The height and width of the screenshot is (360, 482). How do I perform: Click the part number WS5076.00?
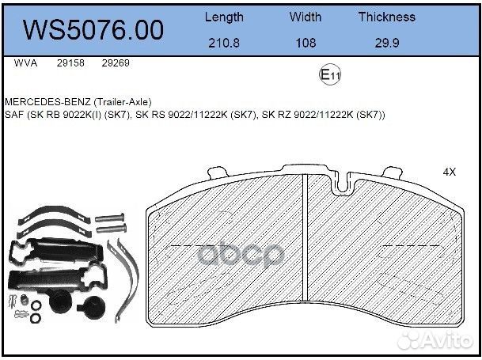[94, 29]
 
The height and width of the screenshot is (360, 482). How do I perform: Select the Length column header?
[224, 17]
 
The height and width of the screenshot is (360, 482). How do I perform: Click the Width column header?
[305, 17]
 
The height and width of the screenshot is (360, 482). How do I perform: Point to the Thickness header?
[386, 17]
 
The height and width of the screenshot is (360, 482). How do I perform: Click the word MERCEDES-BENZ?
[44, 102]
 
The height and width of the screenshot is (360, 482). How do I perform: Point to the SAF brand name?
[14, 115]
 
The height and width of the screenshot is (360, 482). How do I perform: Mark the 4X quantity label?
[450, 171]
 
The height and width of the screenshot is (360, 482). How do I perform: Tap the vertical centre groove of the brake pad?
[306, 253]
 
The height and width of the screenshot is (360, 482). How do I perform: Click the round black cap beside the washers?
[57, 305]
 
